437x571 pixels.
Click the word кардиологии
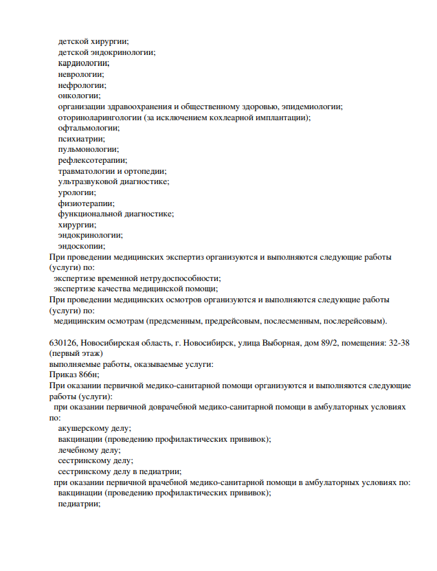pyautogui.click(x=83, y=63)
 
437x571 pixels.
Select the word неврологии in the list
pyautogui.click(x=81, y=74)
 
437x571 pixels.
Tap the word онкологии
pyautogui.click(x=79, y=96)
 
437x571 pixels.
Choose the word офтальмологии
pyautogui.click(x=88, y=128)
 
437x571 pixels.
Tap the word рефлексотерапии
pyautogui.click(x=92, y=160)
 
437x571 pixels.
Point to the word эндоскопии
pyautogui.click(x=81, y=246)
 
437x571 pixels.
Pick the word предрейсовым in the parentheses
pyautogui.click(x=229, y=321)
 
